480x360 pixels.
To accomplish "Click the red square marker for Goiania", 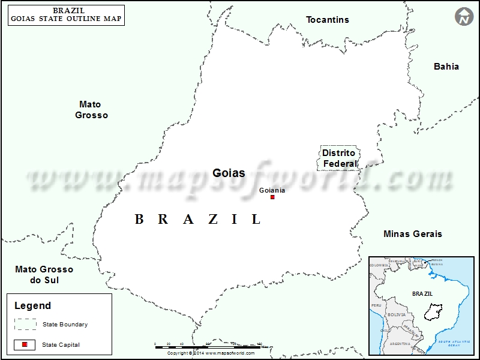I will coord(272,197).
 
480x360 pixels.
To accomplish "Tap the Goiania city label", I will coord(272,190).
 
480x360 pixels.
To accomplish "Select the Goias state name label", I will coord(229,173).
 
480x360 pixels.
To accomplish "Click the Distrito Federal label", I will coord(339,158).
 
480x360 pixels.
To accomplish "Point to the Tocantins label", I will coord(327,20).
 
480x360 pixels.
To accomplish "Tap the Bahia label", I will coord(446,67).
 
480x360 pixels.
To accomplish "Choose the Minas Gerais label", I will coord(412,234).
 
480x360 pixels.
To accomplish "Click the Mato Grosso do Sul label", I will coord(44,275).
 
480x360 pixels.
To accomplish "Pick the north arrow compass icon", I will coord(464,17).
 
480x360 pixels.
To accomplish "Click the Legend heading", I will coord(33,305).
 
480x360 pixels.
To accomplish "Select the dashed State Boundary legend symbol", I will coord(25,324).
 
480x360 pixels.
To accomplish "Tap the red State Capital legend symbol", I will coord(25,344).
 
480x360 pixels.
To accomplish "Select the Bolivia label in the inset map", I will coord(397,314).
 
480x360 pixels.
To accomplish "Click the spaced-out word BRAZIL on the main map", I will coord(198,220).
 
